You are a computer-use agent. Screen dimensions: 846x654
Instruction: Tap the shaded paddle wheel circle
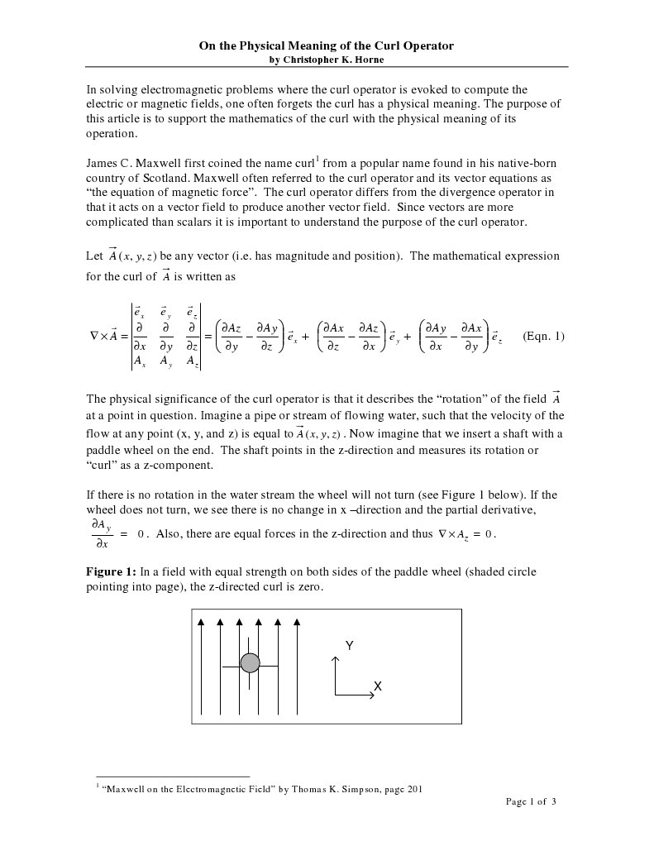[x=250, y=663]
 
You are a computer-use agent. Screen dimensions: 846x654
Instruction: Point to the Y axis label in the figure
[x=350, y=647]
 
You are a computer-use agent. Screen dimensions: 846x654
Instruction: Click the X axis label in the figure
[x=377, y=686]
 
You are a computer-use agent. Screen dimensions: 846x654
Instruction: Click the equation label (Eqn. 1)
[x=543, y=336]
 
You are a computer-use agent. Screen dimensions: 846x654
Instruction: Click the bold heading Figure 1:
[x=112, y=571]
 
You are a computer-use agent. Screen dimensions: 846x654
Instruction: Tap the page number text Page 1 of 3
[x=531, y=801]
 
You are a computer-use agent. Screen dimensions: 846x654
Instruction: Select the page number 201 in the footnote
[x=413, y=789]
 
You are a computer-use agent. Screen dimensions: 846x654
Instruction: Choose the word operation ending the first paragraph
[x=112, y=134]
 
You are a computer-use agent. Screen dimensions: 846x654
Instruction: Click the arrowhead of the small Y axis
[x=335, y=659]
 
